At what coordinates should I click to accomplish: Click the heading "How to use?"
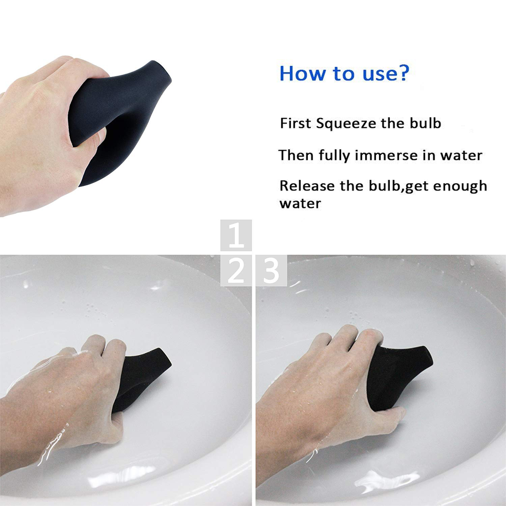point(344,73)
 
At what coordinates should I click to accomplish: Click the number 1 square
point(236,235)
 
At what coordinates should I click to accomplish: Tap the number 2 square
point(236,271)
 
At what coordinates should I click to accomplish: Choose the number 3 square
point(271,271)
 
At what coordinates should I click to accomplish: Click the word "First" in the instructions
point(295,123)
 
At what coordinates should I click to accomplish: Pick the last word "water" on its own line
point(300,204)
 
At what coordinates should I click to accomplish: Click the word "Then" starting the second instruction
point(296,156)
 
